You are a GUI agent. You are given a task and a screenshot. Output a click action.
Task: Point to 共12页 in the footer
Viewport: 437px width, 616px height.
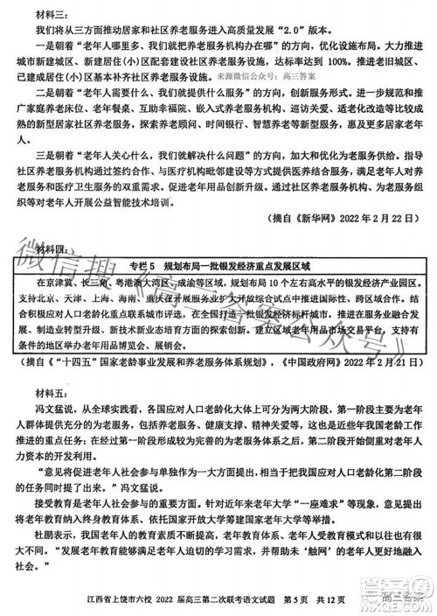pyautogui.click(x=341, y=601)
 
